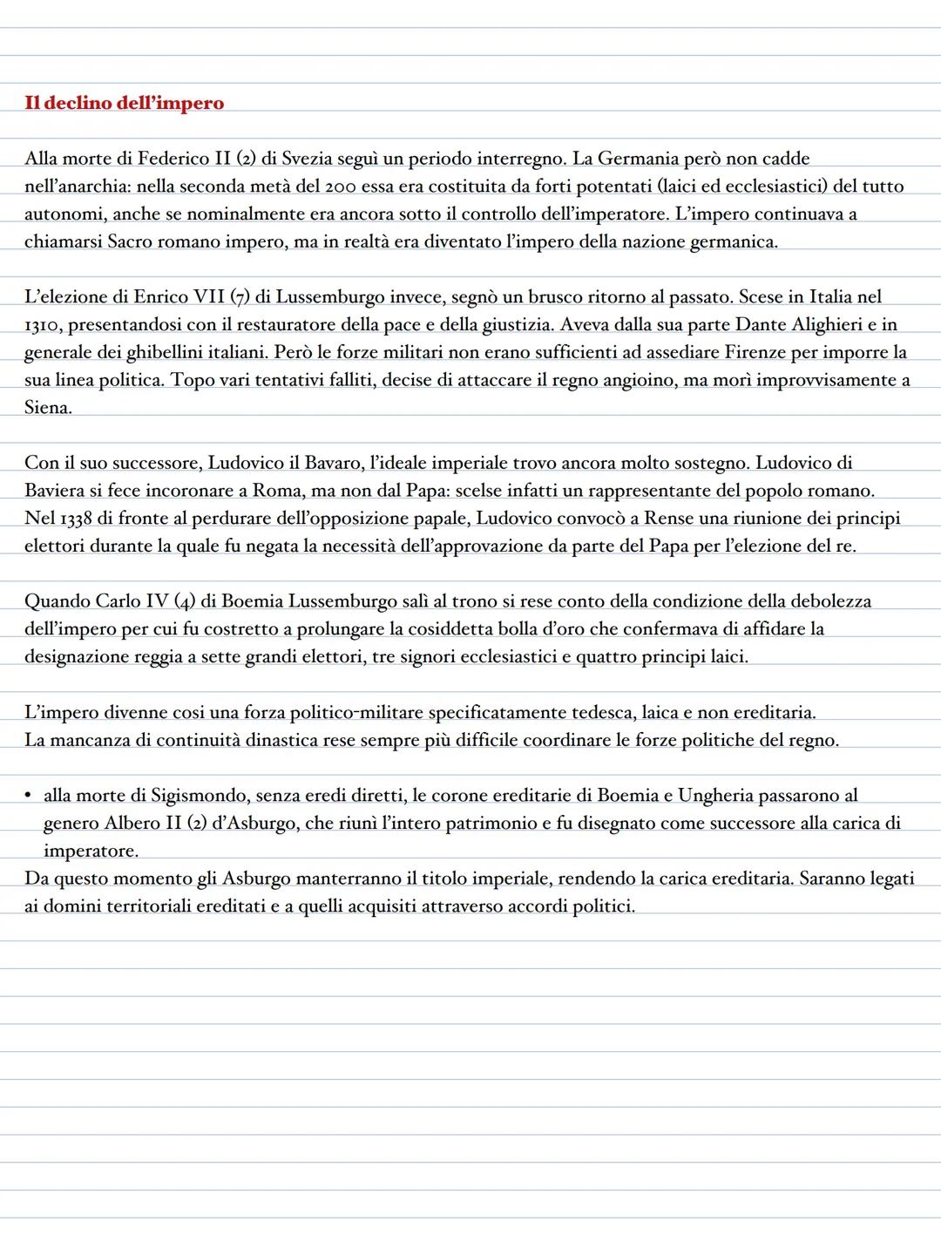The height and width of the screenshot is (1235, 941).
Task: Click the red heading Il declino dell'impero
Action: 124,104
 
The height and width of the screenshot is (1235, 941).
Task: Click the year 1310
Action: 40,325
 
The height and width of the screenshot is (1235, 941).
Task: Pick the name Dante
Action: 762,325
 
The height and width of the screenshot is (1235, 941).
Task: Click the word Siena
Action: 47,408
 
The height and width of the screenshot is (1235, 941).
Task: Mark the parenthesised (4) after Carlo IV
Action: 184,601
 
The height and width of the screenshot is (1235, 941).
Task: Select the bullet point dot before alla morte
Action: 29,795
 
